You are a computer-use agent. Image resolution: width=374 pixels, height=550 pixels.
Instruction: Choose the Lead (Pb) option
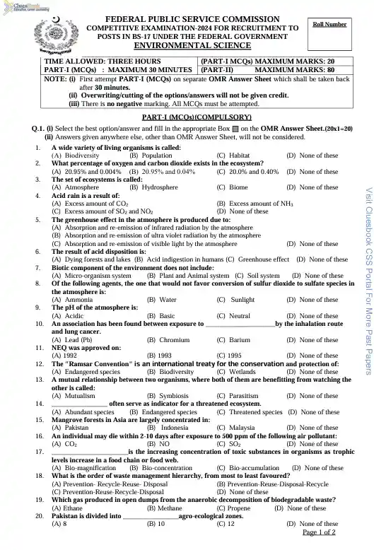pos(71,339)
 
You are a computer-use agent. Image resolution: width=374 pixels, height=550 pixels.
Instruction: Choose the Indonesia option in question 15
pos(170,428)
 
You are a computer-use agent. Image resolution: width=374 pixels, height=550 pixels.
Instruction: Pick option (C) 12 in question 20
pos(226,524)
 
